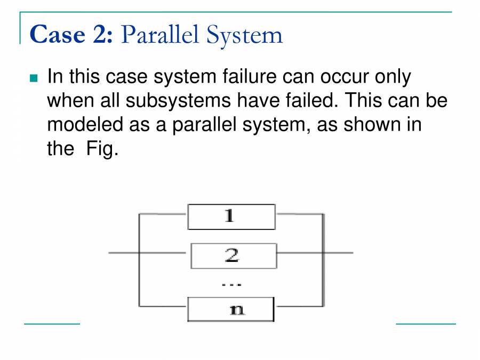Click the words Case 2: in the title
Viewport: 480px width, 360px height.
point(71,35)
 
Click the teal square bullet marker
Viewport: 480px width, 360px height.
point(35,78)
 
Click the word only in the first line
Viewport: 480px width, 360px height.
point(393,77)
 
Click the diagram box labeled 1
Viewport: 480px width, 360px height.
point(231,217)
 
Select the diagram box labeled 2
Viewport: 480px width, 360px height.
point(233,256)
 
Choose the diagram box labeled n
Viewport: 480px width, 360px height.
point(231,309)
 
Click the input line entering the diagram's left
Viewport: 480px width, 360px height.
point(123,252)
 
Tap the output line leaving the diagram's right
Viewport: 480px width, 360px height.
point(338,252)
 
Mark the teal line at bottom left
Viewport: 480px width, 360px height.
point(52,323)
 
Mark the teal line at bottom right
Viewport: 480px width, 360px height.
point(426,323)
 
